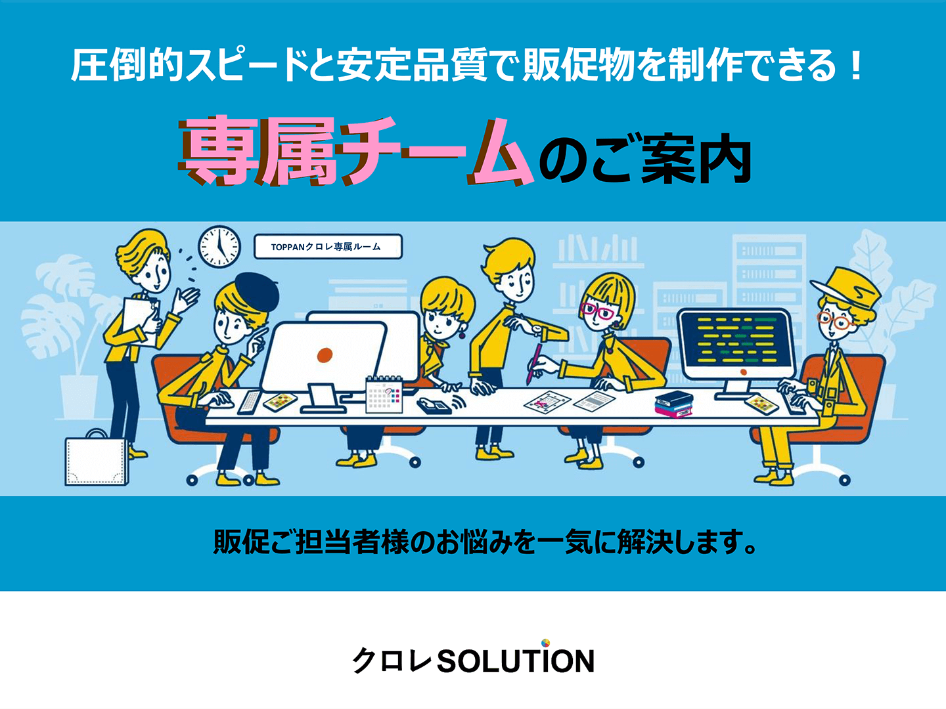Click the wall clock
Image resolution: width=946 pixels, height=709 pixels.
[x=219, y=247]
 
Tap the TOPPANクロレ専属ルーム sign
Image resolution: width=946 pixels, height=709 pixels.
[x=328, y=247]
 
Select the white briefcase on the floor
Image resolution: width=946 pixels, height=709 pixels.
[x=97, y=459]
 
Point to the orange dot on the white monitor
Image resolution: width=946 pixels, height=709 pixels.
[x=325, y=354]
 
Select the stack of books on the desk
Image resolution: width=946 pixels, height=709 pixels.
[x=673, y=404]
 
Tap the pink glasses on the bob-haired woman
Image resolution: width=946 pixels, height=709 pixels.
[x=598, y=311]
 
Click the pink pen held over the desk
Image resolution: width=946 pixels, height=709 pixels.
[x=533, y=363]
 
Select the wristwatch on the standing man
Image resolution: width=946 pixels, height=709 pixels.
[x=537, y=330]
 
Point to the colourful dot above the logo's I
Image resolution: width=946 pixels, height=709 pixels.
[x=546, y=643]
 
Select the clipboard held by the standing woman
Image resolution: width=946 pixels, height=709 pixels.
[x=140, y=321]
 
